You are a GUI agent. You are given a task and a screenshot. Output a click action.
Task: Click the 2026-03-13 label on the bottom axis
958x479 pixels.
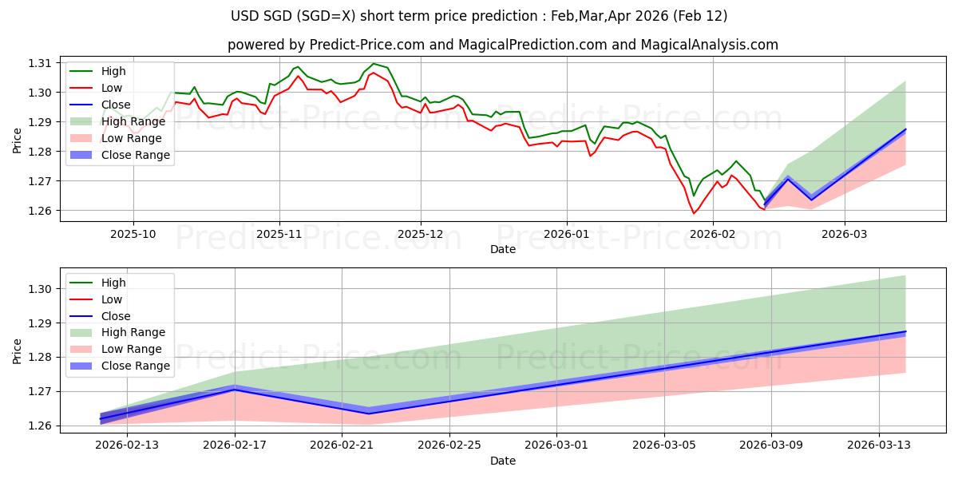click(x=878, y=446)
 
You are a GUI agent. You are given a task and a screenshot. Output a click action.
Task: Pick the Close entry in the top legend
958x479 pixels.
click(x=117, y=105)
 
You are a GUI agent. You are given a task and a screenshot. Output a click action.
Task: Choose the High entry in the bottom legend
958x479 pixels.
click(x=113, y=283)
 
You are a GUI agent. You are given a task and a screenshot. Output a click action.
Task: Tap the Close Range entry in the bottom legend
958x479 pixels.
click(x=136, y=366)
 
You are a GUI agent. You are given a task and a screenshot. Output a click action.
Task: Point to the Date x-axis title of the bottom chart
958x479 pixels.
click(x=503, y=461)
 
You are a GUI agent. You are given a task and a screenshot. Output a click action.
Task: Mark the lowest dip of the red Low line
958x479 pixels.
click(x=693, y=213)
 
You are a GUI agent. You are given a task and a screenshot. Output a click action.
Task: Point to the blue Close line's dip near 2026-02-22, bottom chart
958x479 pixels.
click(x=368, y=413)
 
